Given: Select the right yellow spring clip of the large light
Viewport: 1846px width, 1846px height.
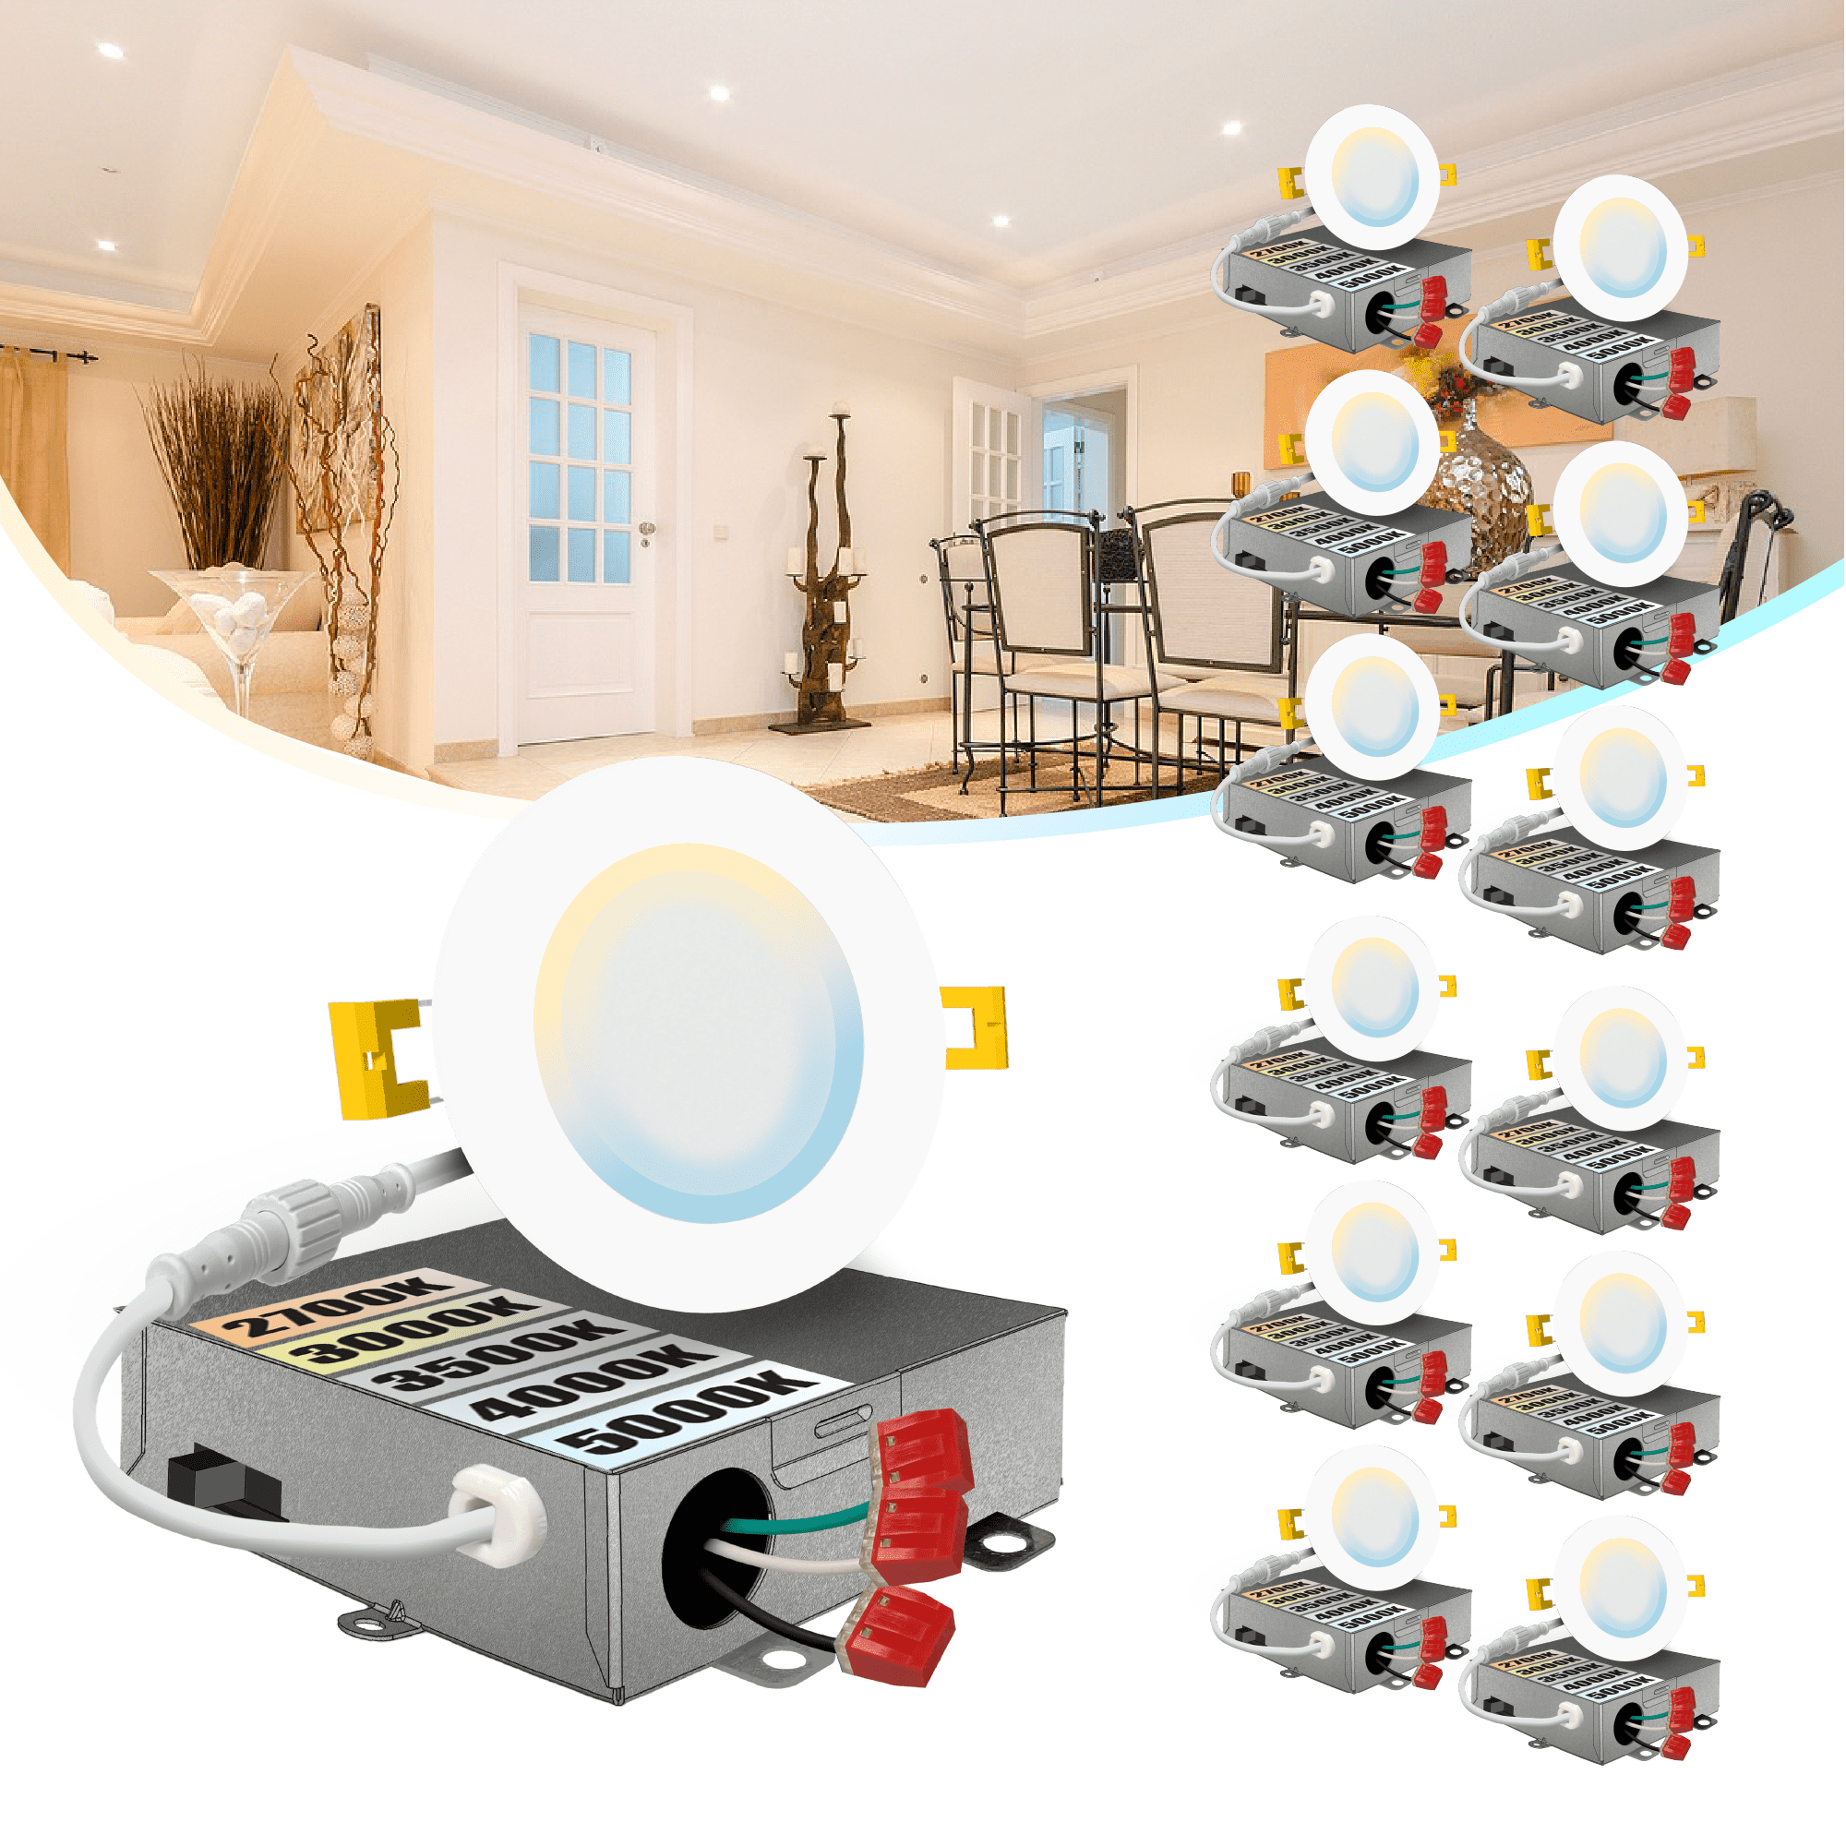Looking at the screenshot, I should [975, 1027].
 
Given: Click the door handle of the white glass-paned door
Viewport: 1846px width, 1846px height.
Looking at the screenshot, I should [647, 528].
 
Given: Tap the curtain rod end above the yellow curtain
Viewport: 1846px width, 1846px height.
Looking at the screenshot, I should [86, 358].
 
